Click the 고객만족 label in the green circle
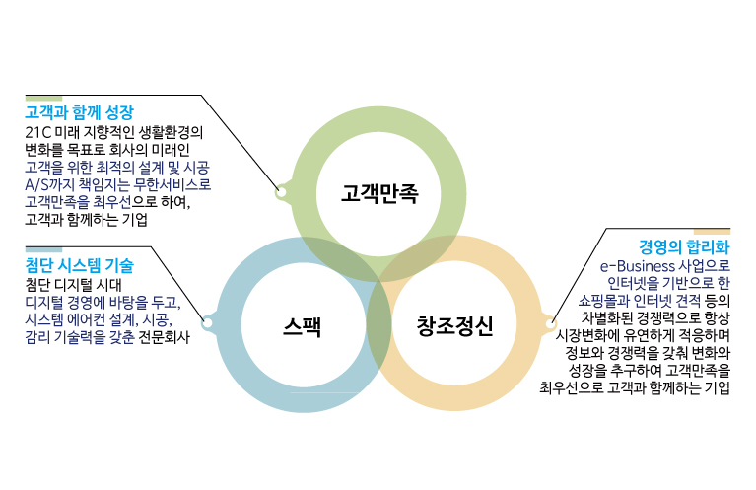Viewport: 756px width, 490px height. point(379,192)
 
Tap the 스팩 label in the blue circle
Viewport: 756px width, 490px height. point(302,325)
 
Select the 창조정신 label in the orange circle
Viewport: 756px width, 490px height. point(453,325)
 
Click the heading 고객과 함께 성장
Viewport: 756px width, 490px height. point(79,112)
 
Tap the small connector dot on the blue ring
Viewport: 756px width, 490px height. point(207,322)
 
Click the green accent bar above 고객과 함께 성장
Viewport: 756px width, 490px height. point(43,98)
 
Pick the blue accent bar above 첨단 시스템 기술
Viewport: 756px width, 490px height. point(43,249)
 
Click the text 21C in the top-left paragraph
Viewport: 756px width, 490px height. point(38,131)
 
